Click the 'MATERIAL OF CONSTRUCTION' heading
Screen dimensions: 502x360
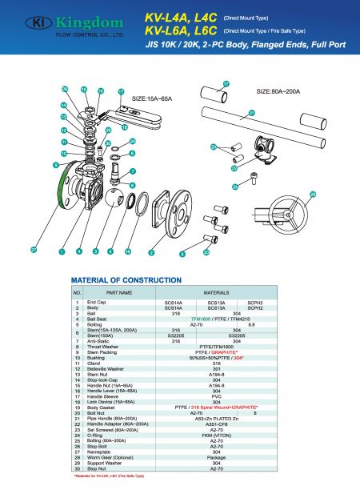(x=126, y=280)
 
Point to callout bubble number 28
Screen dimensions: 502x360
(x=313, y=195)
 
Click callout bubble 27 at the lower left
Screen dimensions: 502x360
(x=34, y=251)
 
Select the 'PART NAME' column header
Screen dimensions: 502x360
(x=118, y=293)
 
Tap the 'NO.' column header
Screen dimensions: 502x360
(x=78, y=293)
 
